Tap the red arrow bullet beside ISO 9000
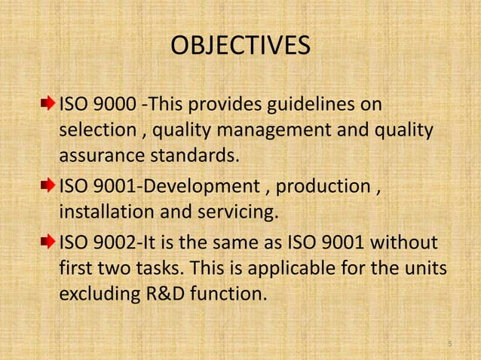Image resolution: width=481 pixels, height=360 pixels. (49, 103)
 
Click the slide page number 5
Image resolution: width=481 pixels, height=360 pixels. (449, 345)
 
